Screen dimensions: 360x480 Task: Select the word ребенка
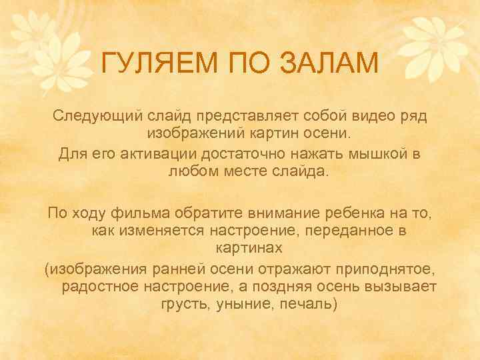click(x=371, y=213)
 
